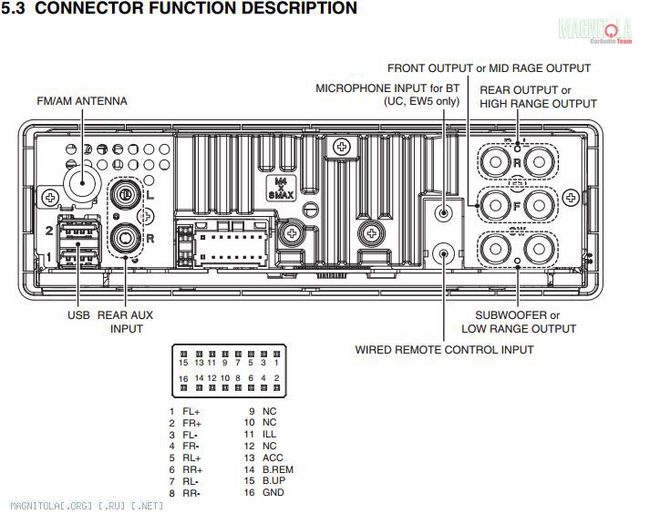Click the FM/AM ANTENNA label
click(81, 100)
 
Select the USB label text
click(78, 315)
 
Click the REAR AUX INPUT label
click(126, 322)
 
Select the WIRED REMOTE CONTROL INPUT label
click(444, 349)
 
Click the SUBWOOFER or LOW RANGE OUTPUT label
click(519, 322)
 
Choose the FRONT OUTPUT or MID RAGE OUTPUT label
click(489, 68)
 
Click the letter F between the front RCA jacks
click(516, 206)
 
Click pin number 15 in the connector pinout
click(184, 363)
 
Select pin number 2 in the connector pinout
click(276, 377)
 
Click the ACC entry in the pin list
click(273, 458)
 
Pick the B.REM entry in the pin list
click(277, 470)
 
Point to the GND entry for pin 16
click(273, 493)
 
